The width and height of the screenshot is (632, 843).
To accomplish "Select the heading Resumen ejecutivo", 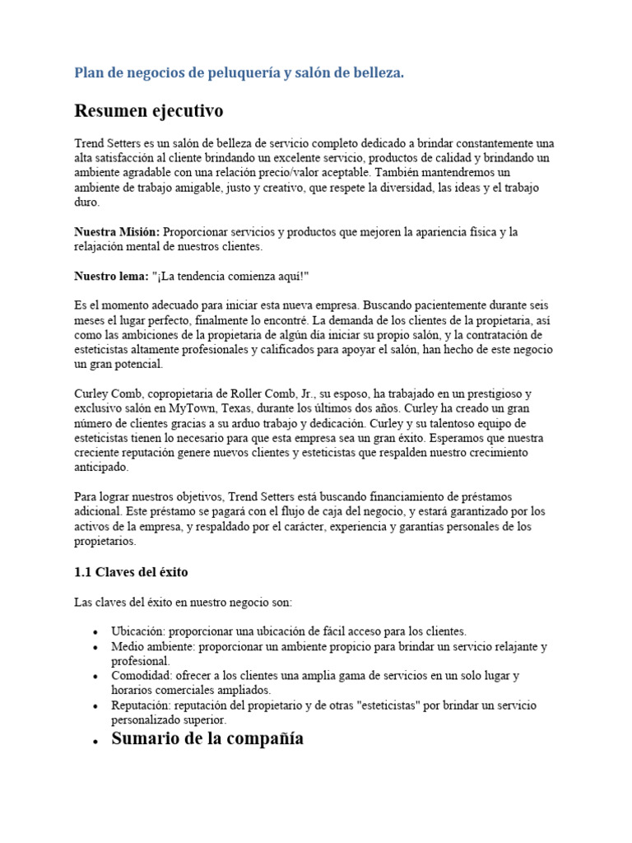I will pos(148,110).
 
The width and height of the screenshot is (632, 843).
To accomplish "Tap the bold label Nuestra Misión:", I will pos(117,232).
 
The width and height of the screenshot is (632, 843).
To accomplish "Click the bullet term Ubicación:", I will pos(139,631).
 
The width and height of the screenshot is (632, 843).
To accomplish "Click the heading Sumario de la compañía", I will pos(207,738).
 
